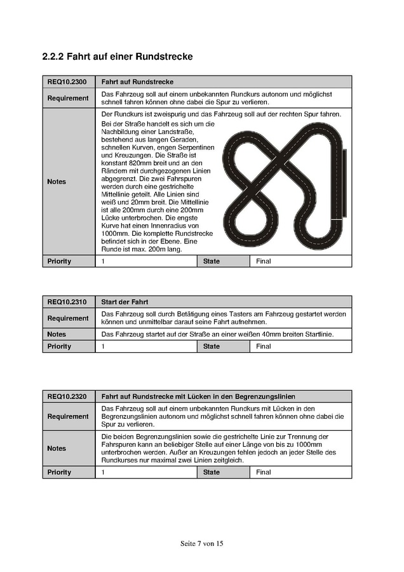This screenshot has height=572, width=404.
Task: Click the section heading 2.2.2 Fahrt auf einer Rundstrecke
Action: pos(117,57)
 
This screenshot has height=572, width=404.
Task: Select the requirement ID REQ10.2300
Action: pos(67,82)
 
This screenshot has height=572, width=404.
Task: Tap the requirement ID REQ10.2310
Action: pos(67,302)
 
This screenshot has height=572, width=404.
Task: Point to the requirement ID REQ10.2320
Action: pos(67,397)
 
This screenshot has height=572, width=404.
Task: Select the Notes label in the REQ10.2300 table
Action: pos(57,182)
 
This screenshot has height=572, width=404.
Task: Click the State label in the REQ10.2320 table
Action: pos(212,472)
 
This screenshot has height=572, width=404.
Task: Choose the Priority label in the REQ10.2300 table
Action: pos(59,261)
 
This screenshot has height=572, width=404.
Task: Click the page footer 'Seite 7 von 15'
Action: pos(201,543)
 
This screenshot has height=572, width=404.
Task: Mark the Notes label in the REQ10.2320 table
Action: pos(57,448)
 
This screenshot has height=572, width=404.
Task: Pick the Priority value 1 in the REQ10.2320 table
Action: pos(103,472)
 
